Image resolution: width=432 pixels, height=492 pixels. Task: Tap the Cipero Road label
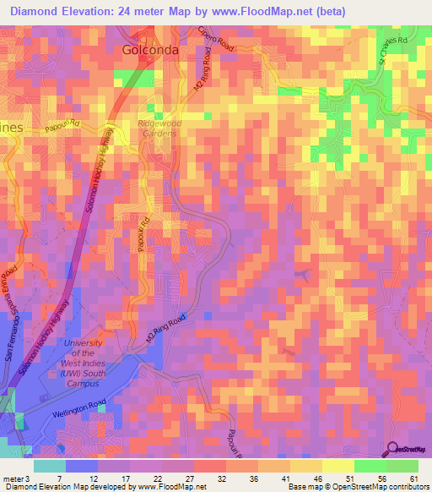[215, 39]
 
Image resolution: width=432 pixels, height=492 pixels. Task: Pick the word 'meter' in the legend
[12, 478]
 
